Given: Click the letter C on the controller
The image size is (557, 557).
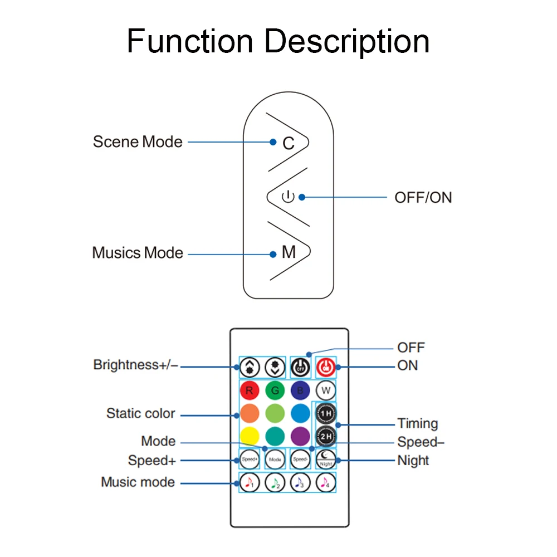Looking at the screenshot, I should click(288, 143).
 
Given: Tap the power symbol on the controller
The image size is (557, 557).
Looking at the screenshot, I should click(287, 197).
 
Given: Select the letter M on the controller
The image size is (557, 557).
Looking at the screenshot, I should click(289, 253).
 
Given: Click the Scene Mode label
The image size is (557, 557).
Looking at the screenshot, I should click(138, 141).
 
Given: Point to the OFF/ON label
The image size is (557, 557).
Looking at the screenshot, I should click(423, 197).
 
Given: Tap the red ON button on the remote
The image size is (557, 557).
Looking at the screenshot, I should click(326, 367).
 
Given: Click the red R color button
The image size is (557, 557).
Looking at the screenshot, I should click(249, 390).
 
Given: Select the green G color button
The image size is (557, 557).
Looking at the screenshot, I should click(275, 390).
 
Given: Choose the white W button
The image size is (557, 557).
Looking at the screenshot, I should click(325, 390).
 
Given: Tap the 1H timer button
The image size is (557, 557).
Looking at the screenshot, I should click(326, 414).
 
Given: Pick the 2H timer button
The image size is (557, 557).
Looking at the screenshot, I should click(326, 437).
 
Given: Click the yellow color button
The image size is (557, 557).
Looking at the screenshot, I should click(249, 437).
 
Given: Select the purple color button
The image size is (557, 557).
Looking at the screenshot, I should click(300, 437).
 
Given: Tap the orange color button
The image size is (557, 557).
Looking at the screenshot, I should click(249, 413).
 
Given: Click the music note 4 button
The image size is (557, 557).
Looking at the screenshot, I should click(326, 482).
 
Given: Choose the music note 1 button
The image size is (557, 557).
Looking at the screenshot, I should click(249, 482).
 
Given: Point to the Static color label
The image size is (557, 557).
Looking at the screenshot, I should click(141, 414).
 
